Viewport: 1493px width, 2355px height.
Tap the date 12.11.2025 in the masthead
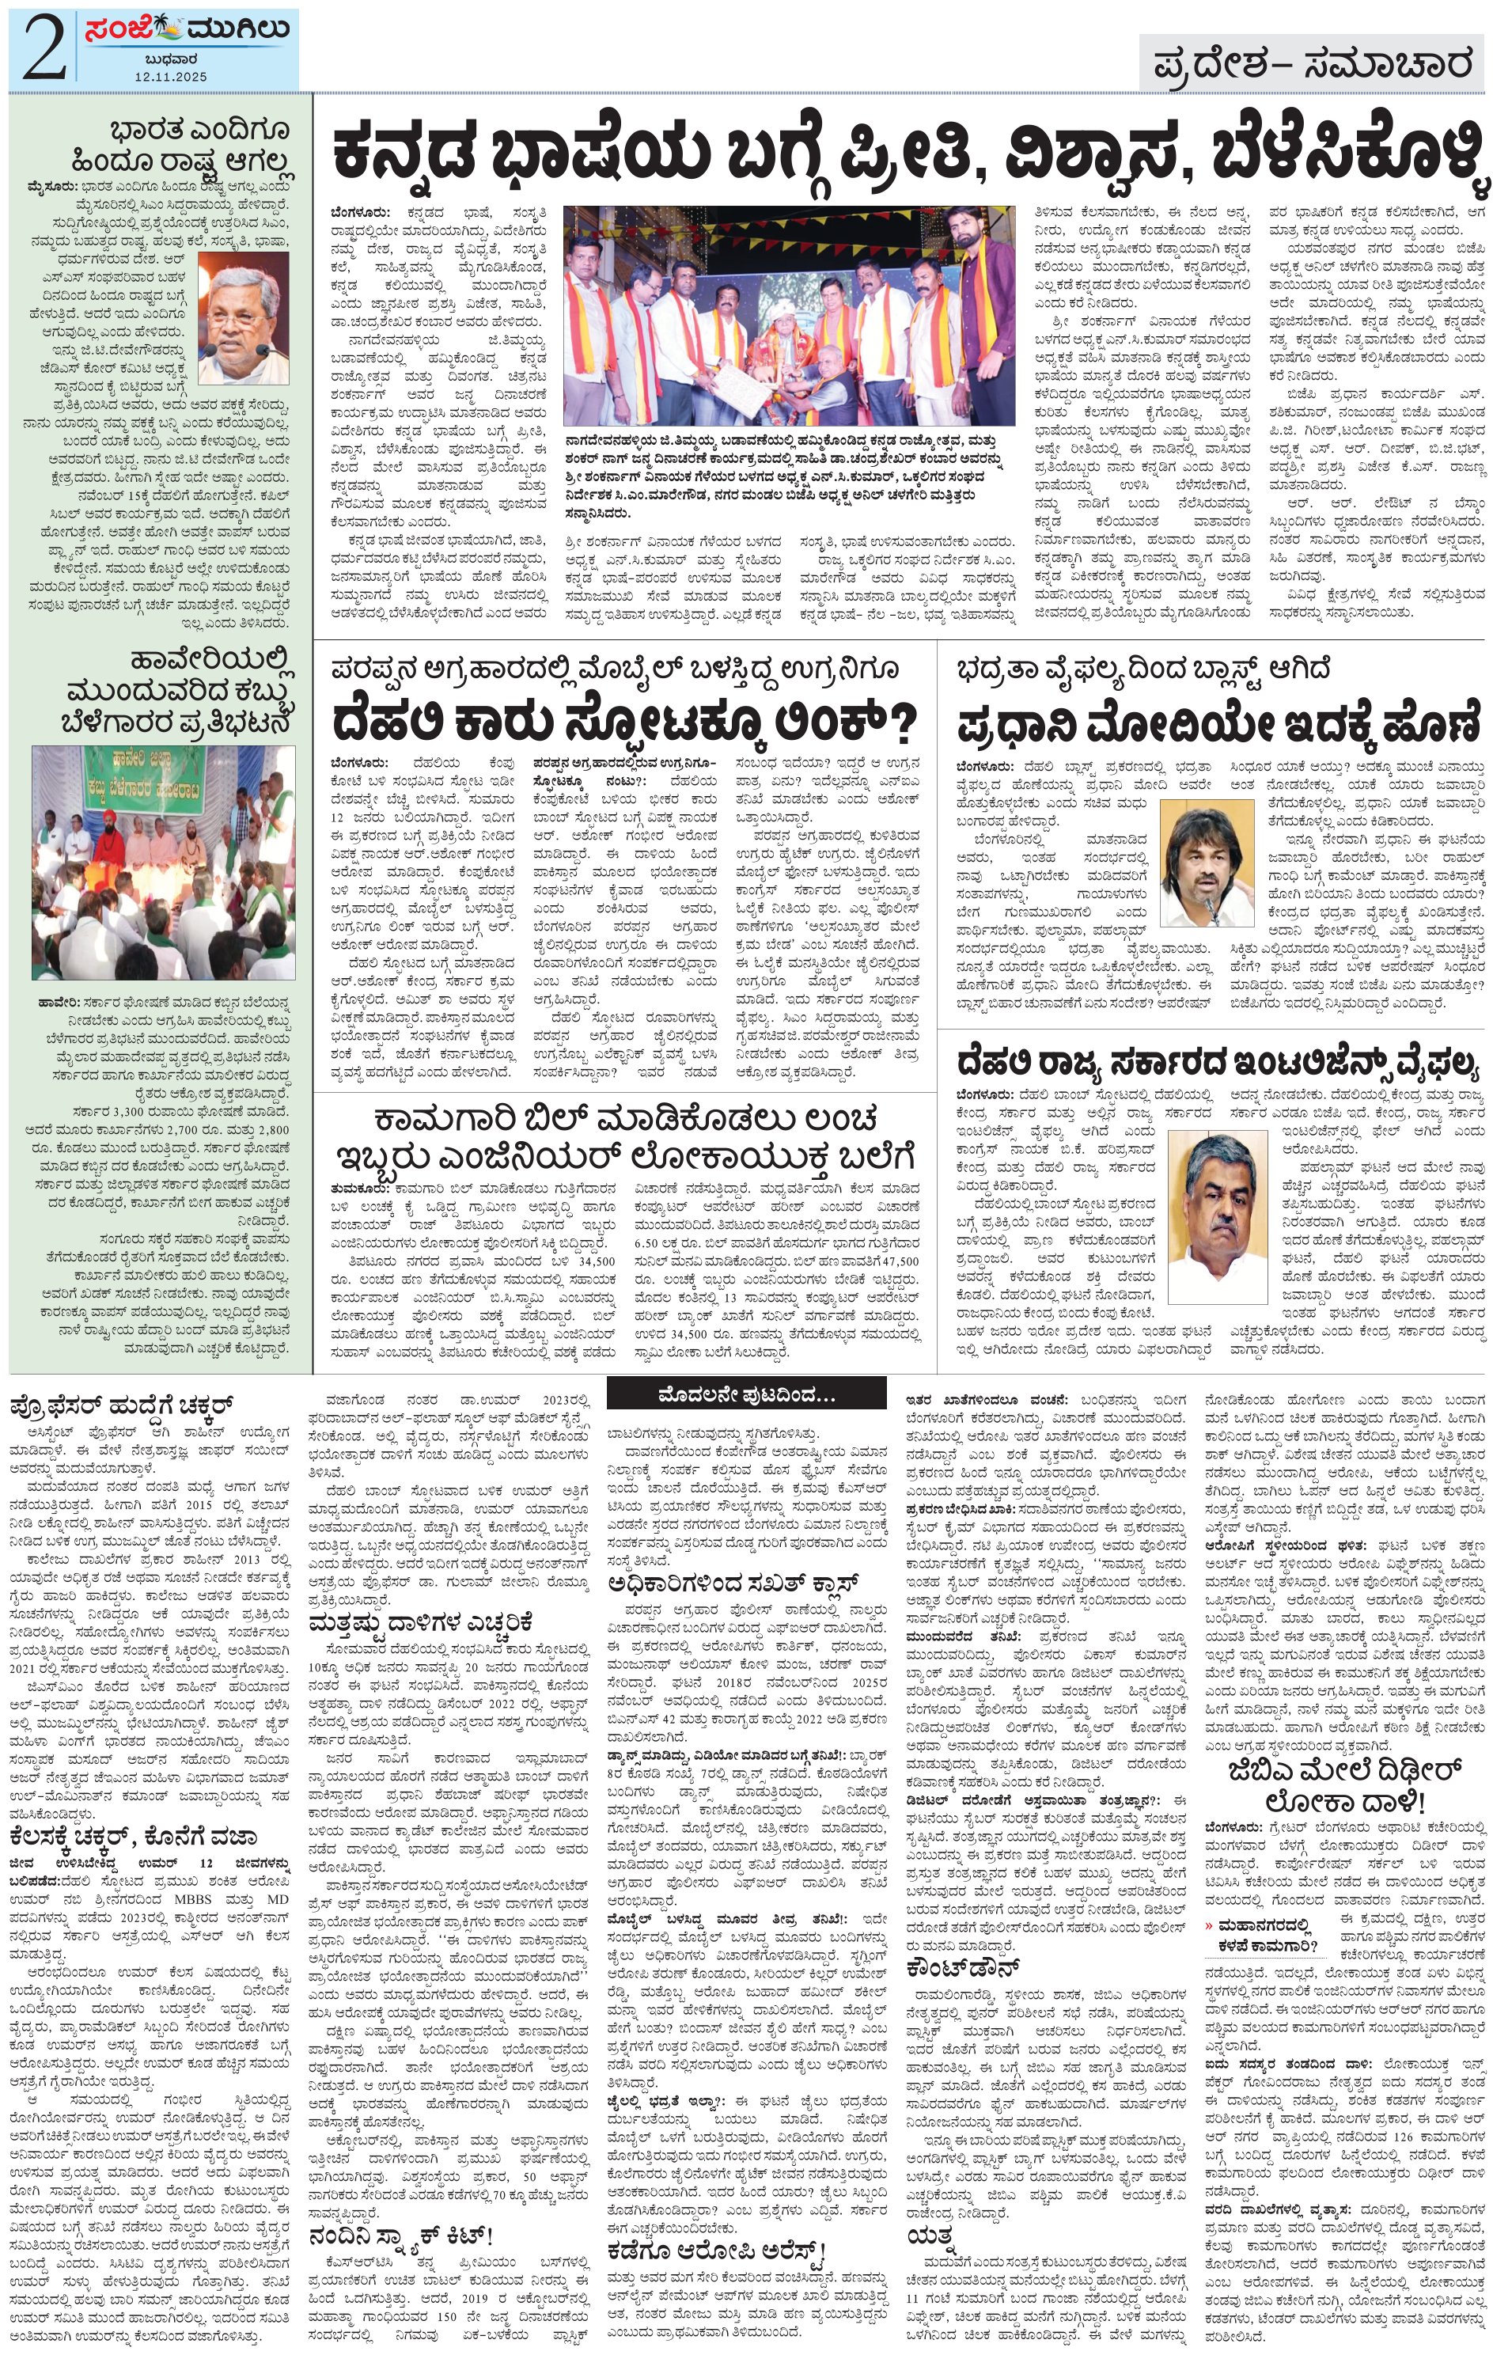pyautogui.click(x=171, y=75)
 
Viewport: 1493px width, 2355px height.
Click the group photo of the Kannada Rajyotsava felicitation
pyautogui.click(x=789, y=314)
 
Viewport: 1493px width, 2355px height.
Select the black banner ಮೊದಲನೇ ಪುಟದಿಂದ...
pyautogui.click(x=745, y=1392)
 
